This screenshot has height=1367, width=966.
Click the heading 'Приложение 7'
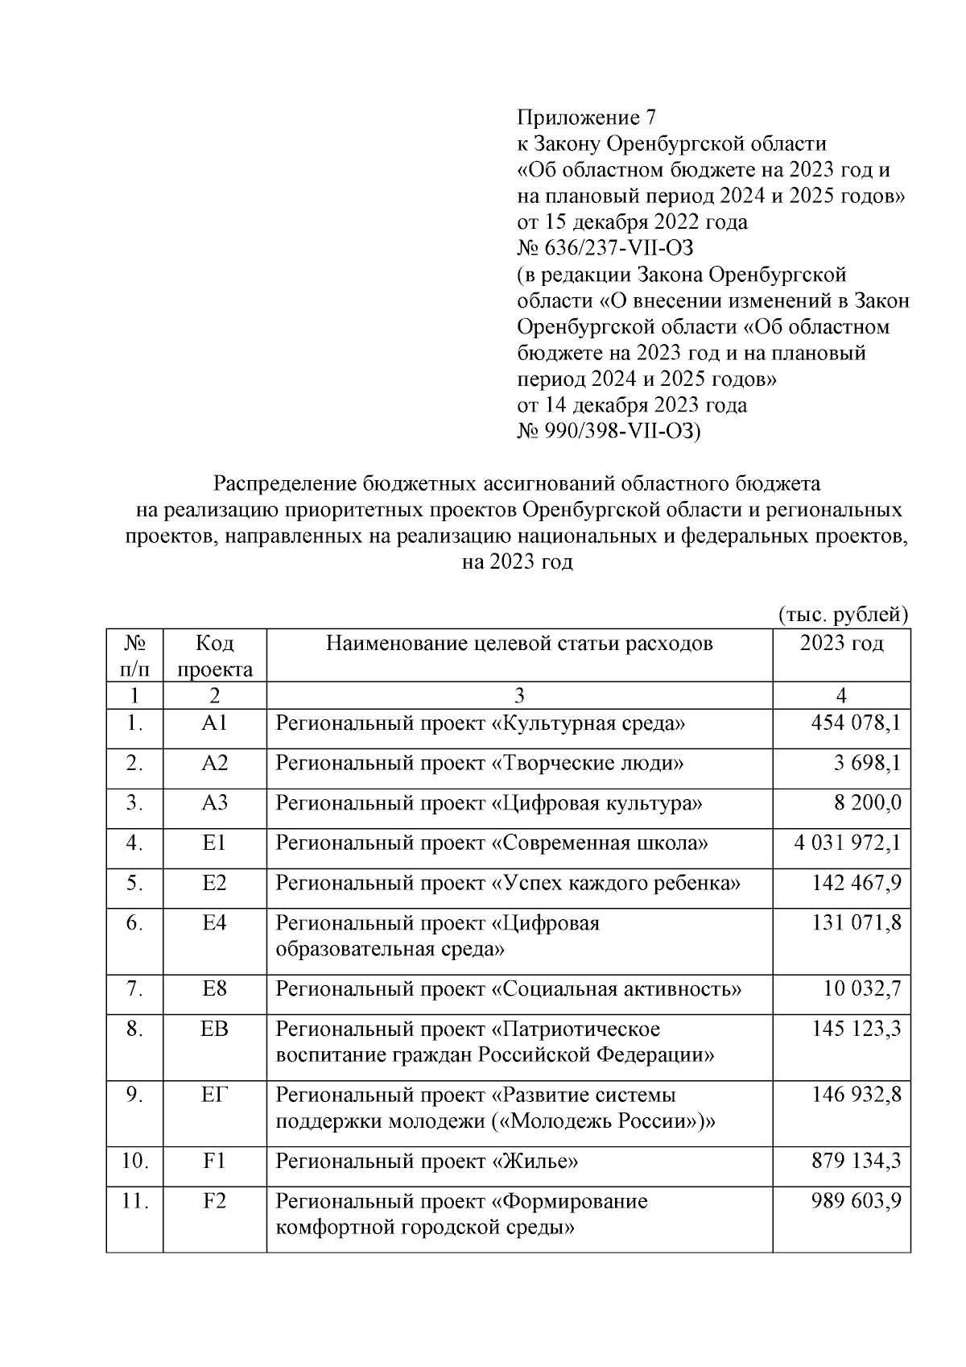pyautogui.click(x=586, y=118)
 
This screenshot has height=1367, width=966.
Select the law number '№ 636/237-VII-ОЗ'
pyautogui.click(x=605, y=247)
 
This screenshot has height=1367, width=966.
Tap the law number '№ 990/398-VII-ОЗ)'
pyautogui.click(x=609, y=432)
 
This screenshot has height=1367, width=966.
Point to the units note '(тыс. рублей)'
pyautogui.click(x=843, y=615)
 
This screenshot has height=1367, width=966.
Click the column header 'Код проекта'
pyautogui.click(x=214, y=656)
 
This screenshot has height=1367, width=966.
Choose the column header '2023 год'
pyautogui.click(x=841, y=643)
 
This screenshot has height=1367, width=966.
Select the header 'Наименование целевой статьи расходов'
pyautogui.click(x=519, y=643)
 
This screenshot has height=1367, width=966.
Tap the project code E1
pyautogui.click(x=214, y=843)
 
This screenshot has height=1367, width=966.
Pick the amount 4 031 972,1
pyautogui.click(x=848, y=843)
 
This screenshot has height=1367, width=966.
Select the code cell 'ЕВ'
pyautogui.click(x=214, y=1029)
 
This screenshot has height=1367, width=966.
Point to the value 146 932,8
pyautogui.click(x=857, y=1095)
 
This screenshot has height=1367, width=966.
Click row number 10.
pyautogui.click(x=135, y=1161)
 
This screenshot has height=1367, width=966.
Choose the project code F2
pyautogui.click(x=214, y=1201)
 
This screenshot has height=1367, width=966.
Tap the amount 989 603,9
pyautogui.click(x=857, y=1201)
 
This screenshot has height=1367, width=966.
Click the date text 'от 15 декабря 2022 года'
pyautogui.click(x=631, y=221)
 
